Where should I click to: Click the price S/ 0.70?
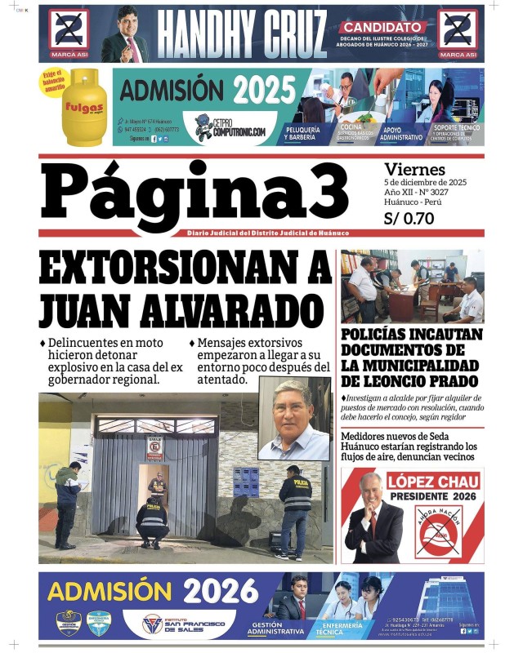pyautogui.click(x=409, y=218)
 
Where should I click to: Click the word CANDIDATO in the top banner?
pyautogui.click(x=384, y=27)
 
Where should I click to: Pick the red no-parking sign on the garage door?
pyautogui.click(x=154, y=447)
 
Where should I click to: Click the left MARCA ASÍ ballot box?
pyautogui.click(x=69, y=32)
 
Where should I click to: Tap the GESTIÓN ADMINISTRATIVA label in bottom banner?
pyautogui.click(x=275, y=627)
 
